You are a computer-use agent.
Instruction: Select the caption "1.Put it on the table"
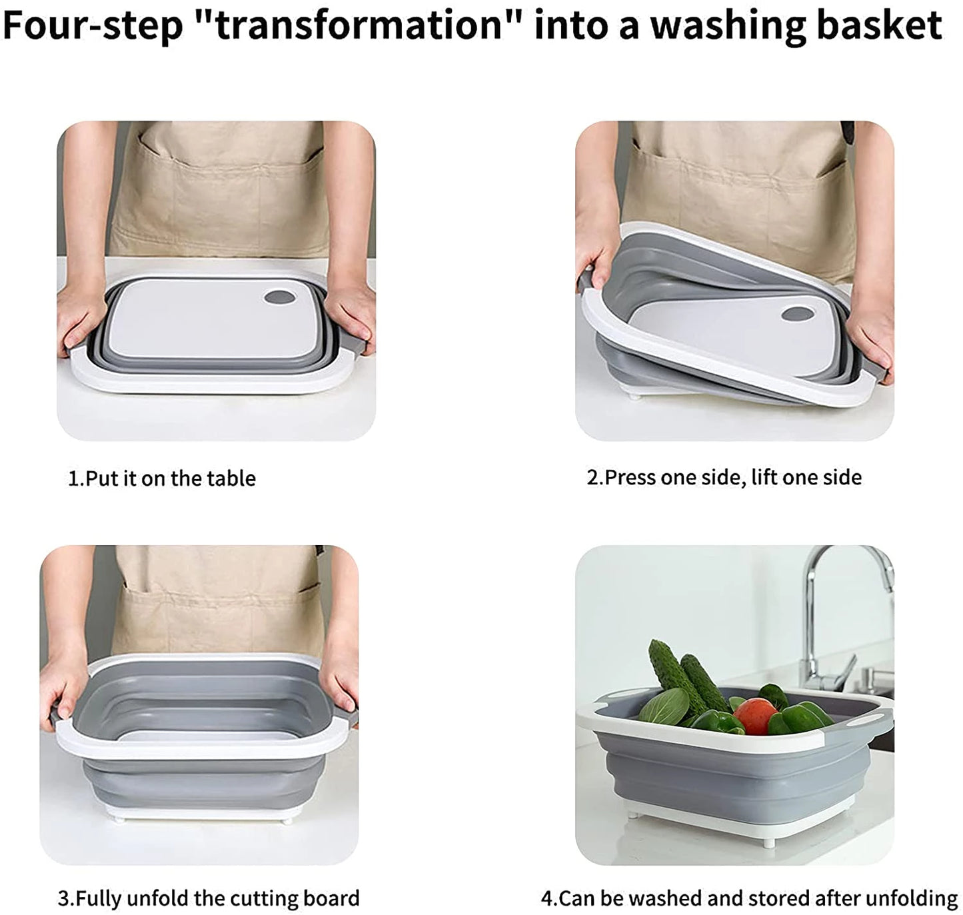click(162, 478)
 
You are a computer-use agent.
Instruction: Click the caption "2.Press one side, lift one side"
click(724, 477)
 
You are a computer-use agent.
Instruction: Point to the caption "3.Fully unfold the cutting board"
click(209, 898)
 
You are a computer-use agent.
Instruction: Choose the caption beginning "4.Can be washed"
click(749, 898)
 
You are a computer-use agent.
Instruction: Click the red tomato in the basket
click(754, 714)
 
